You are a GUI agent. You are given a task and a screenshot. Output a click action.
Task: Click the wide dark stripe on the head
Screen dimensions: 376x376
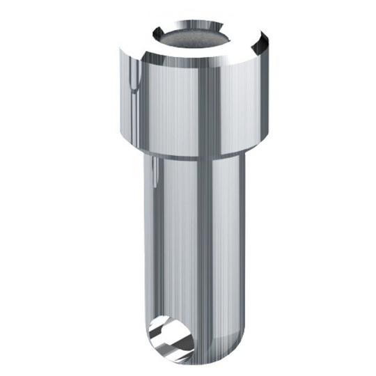[209, 104]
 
